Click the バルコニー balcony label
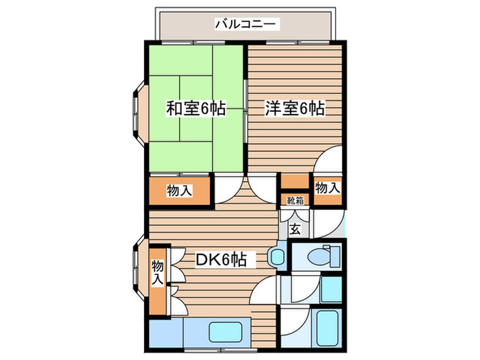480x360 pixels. point(246,25)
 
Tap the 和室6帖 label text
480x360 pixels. point(196,108)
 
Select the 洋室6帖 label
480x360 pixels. point(295,108)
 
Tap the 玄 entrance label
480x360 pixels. point(295,229)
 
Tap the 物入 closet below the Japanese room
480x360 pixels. point(180,191)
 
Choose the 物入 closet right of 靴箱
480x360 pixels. point(326,187)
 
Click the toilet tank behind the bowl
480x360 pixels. point(337,258)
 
